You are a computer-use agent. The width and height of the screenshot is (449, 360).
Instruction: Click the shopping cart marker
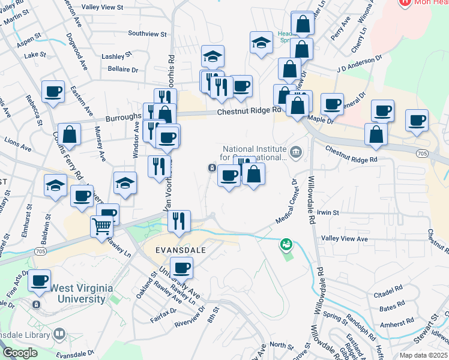pyautogui.click(x=102, y=227)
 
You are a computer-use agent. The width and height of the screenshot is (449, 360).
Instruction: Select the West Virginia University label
pyautogui.click(x=81, y=293)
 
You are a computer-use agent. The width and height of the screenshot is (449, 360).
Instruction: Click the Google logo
pyautogui.click(x=19, y=353)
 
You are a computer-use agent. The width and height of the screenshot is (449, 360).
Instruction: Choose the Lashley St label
pyautogui.click(x=116, y=56)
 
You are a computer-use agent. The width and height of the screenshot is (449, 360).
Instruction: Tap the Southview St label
pyautogui.click(x=147, y=34)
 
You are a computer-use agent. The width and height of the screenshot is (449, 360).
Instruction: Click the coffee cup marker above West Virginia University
pyautogui.click(x=40, y=280)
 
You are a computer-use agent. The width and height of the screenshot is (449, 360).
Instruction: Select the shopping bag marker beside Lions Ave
pyautogui.click(x=70, y=136)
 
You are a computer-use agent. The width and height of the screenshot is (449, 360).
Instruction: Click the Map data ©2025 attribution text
pyautogui.click(x=423, y=355)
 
